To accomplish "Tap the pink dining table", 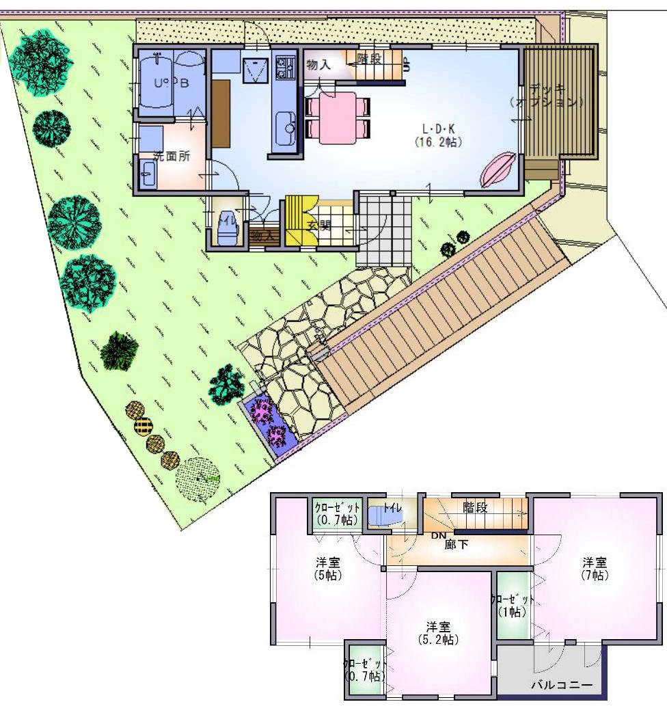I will point(337,117).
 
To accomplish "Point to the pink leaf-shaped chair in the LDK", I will point(498,169).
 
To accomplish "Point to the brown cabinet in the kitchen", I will point(221,113).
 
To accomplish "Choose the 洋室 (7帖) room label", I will point(594,568).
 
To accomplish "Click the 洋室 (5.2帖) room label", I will point(438,632).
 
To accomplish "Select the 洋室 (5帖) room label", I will point(328,568).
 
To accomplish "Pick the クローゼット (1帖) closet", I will point(513,605).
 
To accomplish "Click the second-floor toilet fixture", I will point(380,515).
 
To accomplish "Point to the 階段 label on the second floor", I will point(476,507).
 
